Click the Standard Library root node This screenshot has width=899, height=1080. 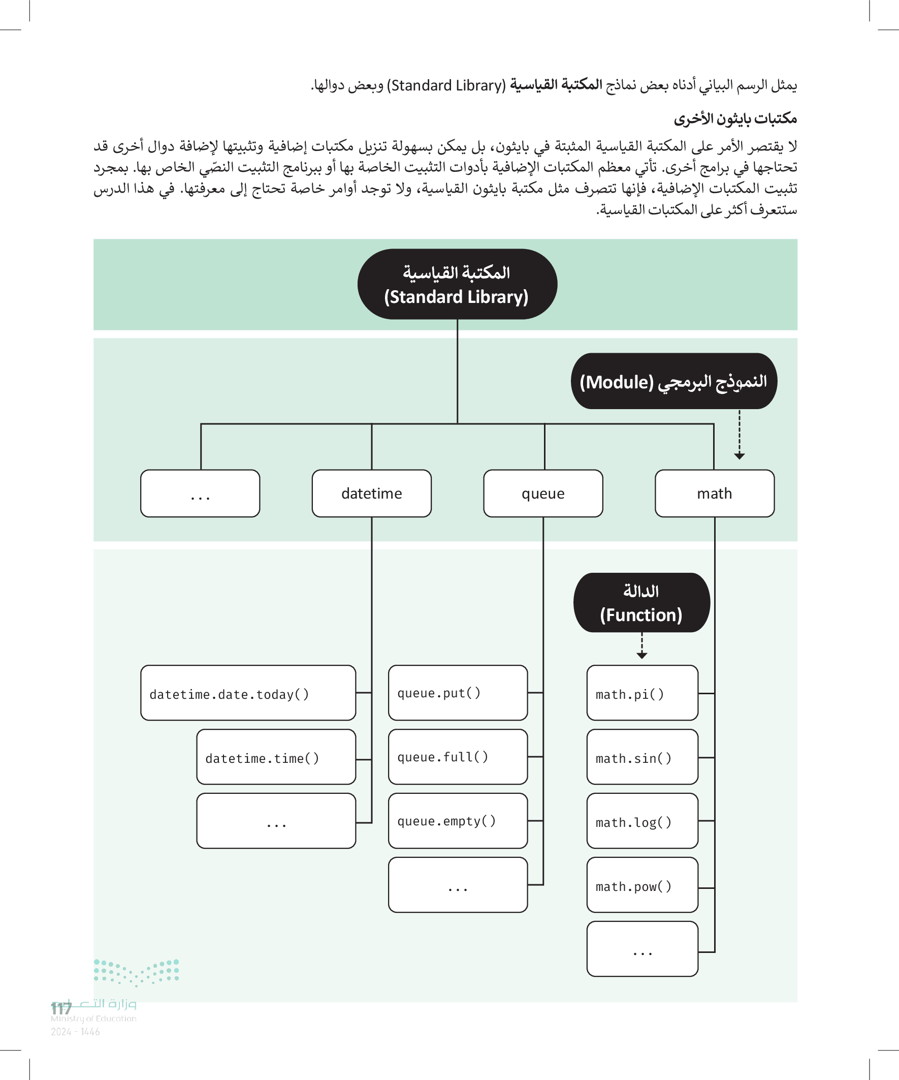coord(457,285)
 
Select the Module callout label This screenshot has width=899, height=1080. coord(673,382)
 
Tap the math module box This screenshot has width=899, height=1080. coord(714,493)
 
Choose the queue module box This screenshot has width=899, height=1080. coord(543,493)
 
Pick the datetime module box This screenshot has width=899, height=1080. coord(372,493)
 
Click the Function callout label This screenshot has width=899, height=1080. coord(641,603)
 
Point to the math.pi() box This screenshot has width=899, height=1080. coord(642,693)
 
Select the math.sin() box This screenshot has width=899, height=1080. coord(642,757)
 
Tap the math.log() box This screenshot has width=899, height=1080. coord(642,821)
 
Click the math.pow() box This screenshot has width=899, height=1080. coord(642,885)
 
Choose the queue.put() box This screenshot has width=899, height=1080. coord(458,693)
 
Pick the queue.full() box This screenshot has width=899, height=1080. coord(458,757)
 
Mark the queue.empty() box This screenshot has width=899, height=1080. coord(458,821)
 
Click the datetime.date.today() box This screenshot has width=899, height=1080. coord(248,693)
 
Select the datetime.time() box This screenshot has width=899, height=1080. coord(276,757)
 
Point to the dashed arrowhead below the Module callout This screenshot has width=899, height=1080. coord(739,456)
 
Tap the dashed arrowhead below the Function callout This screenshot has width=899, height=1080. coord(641,656)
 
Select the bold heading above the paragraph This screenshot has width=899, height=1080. coord(735,119)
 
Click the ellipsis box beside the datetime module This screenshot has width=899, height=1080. coord(200,493)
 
